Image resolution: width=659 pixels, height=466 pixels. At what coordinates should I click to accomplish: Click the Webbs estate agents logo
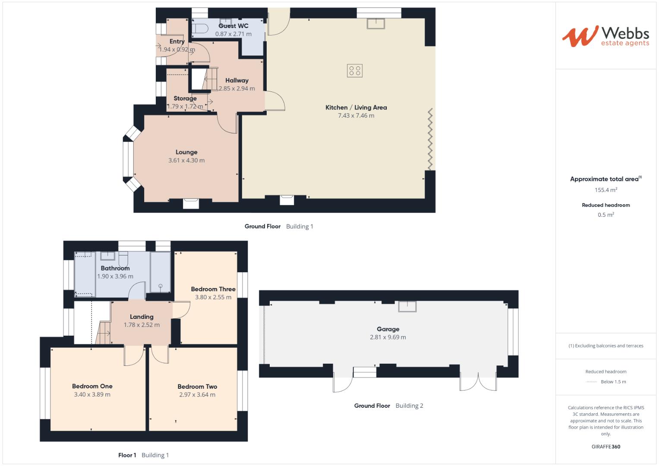tap(605, 36)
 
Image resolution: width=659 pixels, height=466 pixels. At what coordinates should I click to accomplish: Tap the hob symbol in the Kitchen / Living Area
tap(355, 71)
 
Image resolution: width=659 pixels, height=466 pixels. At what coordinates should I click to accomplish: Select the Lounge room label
tap(186, 152)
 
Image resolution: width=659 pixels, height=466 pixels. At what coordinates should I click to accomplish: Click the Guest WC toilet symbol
tap(199, 28)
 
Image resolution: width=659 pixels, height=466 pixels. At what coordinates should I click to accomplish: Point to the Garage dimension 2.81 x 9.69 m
tap(388, 337)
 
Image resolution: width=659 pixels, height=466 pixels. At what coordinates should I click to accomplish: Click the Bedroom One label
tap(92, 387)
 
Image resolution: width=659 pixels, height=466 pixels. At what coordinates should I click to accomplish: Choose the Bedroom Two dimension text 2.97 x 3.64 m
tap(197, 395)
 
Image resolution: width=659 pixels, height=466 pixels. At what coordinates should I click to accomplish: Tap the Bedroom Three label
tap(213, 289)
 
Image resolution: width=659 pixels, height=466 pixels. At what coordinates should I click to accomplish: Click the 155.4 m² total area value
tap(605, 190)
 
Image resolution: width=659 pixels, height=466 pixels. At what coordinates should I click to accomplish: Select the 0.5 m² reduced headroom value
tap(605, 215)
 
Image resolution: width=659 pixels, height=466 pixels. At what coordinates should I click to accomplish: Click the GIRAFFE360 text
tap(605, 447)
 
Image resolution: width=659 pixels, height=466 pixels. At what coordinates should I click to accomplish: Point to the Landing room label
tap(142, 317)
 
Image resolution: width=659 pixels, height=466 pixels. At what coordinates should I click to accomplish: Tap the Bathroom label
tap(115, 268)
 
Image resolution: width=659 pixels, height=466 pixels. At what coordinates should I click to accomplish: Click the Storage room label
tap(185, 98)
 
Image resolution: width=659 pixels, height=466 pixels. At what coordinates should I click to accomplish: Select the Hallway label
tap(237, 80)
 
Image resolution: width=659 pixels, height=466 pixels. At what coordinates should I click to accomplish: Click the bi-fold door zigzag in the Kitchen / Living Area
tap(430, 139)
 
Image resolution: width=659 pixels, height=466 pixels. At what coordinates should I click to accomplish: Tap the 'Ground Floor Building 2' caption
tap(388, 406)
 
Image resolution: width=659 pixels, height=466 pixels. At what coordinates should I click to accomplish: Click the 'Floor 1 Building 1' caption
tap(143, 455)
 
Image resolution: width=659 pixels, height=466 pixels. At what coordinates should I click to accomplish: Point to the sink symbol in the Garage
tap(407, 306)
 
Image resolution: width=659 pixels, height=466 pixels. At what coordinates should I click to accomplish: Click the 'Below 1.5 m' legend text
tap(613, 382)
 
